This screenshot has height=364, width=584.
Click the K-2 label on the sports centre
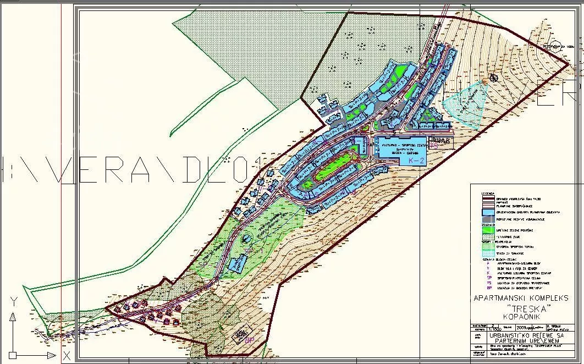[x=417, y=161]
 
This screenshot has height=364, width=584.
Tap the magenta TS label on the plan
[x=434, y=146]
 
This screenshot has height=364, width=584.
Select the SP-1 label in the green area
[x=247, y=251]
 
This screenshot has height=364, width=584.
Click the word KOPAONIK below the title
[x=515, y=317]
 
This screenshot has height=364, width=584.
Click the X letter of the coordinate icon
[x=65, y=356]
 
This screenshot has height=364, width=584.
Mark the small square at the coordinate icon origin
[x=13, y=355]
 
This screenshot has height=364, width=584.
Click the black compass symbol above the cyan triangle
[x=492, y=79]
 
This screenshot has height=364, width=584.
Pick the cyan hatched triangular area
[x=465, y=104]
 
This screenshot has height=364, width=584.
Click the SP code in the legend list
[x=488, y=278]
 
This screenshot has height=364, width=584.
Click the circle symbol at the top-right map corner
[x=556, y=46]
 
